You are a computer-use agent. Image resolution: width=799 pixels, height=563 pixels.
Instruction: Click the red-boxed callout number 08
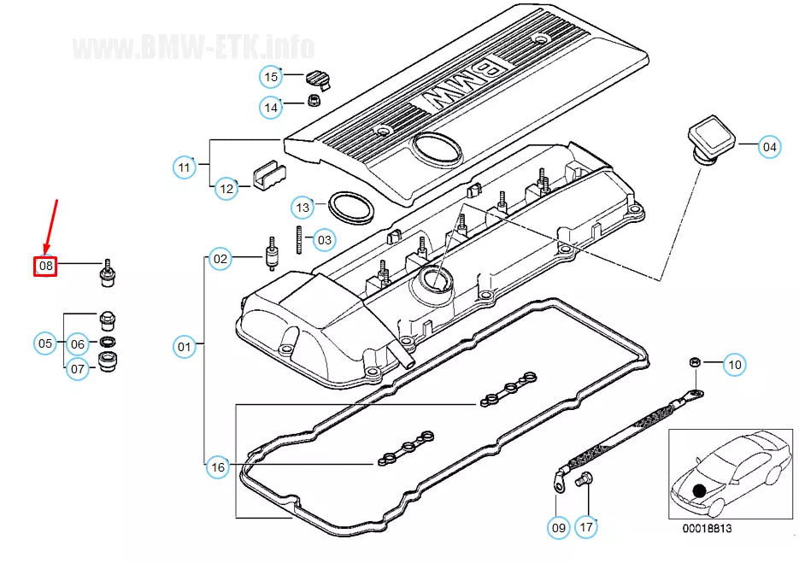(x=45, y=266)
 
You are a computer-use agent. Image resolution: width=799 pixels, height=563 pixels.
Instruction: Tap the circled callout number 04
(x=770, y=147)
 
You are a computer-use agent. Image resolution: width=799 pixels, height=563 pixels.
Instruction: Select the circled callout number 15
(x=271, y=78)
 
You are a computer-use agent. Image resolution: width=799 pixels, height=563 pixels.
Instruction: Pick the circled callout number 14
(x=271, y=108)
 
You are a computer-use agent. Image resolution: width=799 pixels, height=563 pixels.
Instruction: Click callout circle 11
(x=185, y=167)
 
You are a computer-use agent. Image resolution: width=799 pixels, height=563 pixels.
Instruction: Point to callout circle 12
(x=226, y=188)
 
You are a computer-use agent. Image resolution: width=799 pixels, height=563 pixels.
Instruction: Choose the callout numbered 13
(x=303, y=207)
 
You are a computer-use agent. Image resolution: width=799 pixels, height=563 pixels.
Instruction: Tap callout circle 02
(x=220, y=258)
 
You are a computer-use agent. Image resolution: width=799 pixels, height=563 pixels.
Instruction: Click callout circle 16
(x=219, y=466)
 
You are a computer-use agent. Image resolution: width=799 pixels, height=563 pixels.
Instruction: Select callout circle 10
(x=734, y=365)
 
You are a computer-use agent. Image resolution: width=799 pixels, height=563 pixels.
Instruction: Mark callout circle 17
(x=585, y=527)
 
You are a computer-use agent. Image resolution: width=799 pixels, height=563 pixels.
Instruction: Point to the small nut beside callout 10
(x=694, y=363)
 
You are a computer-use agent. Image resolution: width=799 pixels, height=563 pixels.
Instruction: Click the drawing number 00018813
(x=706, y=528)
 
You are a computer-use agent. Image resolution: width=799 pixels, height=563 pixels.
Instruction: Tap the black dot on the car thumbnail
(x=701, y=490)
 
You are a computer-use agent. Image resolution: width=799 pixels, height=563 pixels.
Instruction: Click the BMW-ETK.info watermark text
(x=194, y=46)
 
